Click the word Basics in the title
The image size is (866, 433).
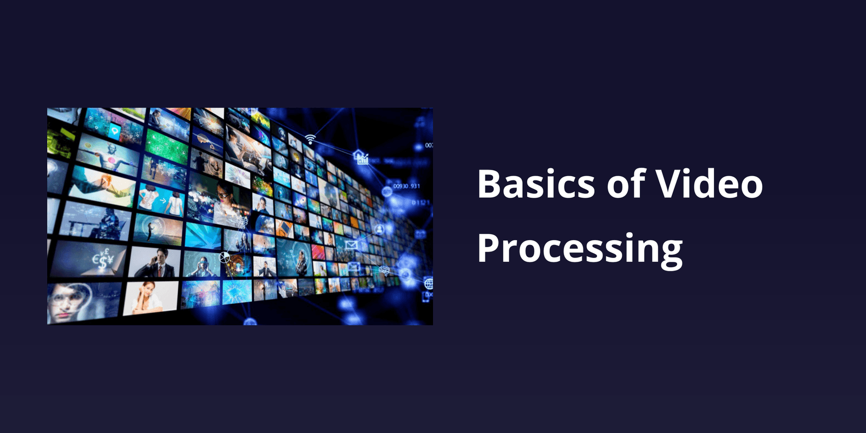pos(536,184)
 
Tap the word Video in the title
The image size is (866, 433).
pos(710,184)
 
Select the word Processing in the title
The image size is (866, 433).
pos(580,249)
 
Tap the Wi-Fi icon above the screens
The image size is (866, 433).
pos(310,139)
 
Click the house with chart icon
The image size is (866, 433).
pos(360,157)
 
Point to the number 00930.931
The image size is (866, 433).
pos(406,186)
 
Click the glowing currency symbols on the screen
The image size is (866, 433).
pos(102,259)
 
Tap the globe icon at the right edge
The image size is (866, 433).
pos(428,283)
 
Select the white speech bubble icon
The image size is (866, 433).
pos(115,131)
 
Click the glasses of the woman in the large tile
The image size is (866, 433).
pos(222,194)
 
